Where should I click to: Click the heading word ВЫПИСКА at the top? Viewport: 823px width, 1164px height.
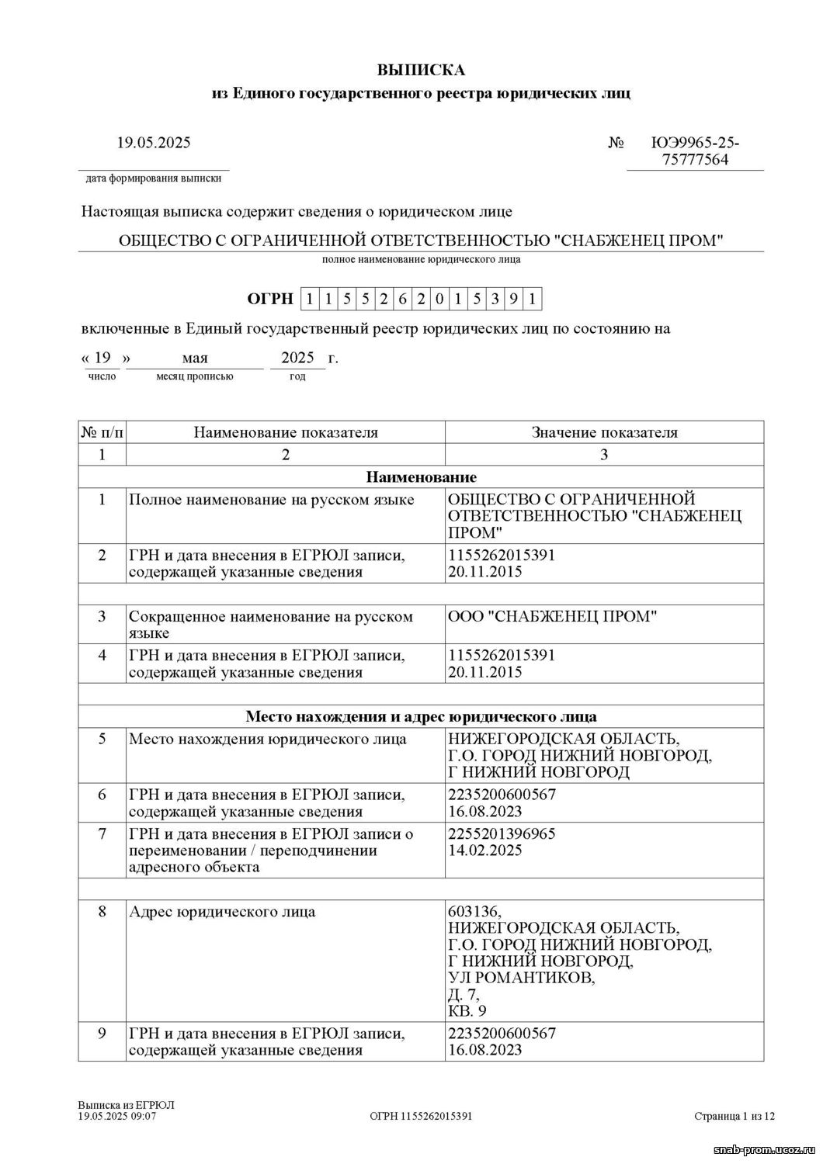421,70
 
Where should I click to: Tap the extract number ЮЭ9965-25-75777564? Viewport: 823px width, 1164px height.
696,152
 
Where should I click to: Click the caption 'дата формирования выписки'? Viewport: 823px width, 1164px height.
153,178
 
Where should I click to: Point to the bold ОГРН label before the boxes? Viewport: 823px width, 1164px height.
270,299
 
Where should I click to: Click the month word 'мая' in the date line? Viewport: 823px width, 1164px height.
195,359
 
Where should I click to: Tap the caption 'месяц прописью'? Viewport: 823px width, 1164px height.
194,376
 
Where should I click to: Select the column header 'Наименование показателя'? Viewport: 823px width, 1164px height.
286,432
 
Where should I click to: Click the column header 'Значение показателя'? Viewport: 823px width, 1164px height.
604,432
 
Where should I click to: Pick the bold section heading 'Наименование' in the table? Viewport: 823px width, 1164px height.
421,476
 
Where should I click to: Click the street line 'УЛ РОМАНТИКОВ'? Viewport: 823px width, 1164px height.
522,978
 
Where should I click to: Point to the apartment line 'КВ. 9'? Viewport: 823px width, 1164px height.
467,1011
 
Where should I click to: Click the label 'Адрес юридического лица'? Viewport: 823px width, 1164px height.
222,911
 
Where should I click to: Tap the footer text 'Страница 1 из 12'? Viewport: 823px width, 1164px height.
734,1116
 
